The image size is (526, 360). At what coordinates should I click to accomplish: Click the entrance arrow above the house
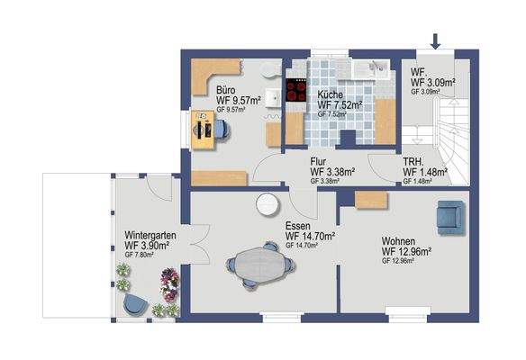[437, 40]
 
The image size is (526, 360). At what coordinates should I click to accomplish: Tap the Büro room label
[226, 90]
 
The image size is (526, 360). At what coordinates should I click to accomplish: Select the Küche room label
[329, 94]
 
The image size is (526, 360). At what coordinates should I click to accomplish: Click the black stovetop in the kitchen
[295, 91]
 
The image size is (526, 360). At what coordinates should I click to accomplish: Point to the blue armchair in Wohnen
[447, 215]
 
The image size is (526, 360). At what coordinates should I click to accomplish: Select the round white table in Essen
[267, 205]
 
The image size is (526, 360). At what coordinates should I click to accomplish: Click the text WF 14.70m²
[310, 236]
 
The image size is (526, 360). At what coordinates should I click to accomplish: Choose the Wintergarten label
[150, 233]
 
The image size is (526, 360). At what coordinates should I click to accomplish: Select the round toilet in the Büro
[268, 70]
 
